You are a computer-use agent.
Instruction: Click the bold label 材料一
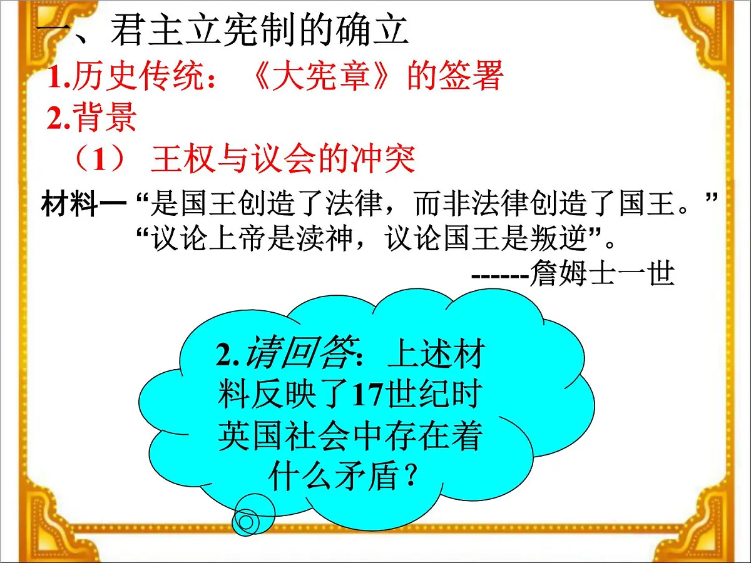(84, 204)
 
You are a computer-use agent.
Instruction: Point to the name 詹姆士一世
(601, 273)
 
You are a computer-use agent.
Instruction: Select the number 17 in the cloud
(366, 395)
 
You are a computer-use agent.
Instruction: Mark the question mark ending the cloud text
(410, 478)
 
